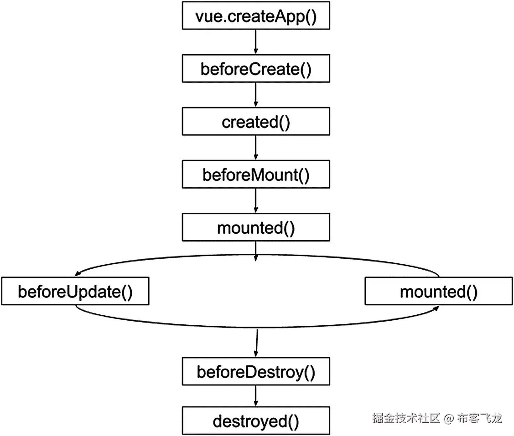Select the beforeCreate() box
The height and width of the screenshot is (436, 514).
255,69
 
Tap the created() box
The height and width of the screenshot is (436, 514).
255,122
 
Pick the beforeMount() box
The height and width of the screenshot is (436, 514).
255,174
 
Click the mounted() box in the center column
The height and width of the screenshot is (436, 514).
255,227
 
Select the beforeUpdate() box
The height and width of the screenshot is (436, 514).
75,292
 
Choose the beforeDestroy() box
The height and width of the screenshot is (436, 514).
255,372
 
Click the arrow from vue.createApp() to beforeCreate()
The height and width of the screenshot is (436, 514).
255,42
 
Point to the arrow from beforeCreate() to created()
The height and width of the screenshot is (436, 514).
255,95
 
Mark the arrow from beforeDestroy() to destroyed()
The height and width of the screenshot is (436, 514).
255,396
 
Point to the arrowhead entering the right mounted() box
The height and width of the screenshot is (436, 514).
436,308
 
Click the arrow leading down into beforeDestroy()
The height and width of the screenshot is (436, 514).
256,344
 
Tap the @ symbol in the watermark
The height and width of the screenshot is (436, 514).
449,418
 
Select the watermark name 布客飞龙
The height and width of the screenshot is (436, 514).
480,418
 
